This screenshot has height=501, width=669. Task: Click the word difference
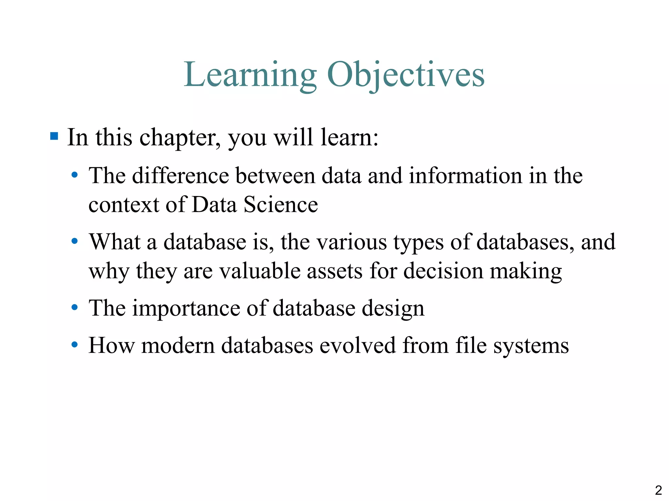(x=181, y=175)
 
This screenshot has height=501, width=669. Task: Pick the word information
(x=465, y=175)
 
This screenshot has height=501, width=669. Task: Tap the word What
(x=115, y=242)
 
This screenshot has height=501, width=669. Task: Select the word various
(x=352, y=242)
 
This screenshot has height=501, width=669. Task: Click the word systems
(x=531, y=346)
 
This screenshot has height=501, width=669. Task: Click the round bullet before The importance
(x=75, y=307)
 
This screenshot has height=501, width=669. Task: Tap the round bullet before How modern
(x=75, y=344)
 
